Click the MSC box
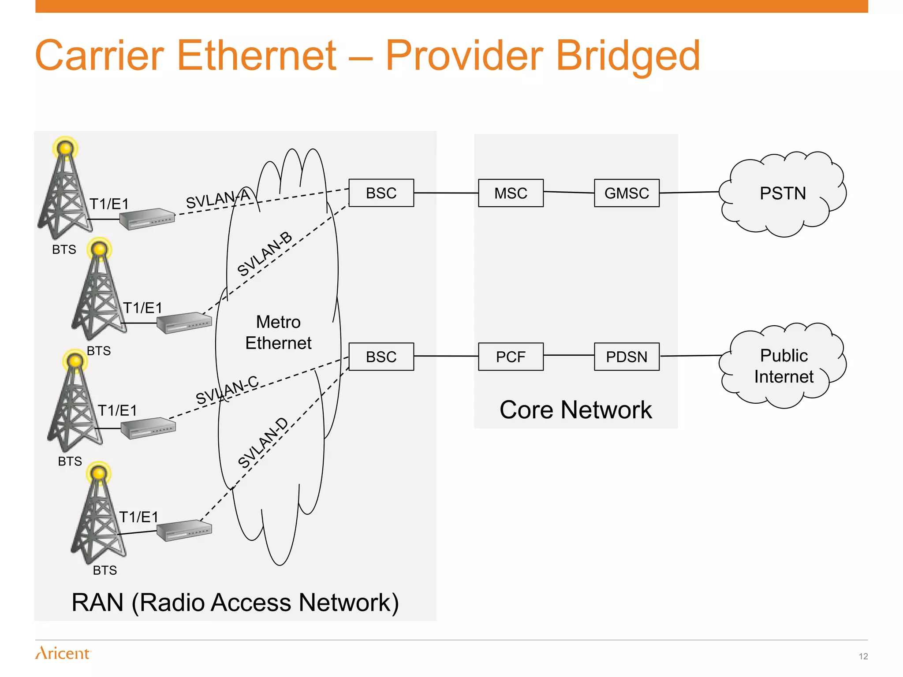pyautogui.click(x=511, y=193)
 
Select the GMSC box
pyautogui.click(x=627, y=193)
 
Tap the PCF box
pyautogui.click(x=511, y=357)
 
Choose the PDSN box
pyautogui.click(x=627, y=357)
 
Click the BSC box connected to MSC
pyautogui.click(x=381, y=193)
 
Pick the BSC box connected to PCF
pyautogui.click(x=381, y=357)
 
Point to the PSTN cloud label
pyautogui.click(x=783, y=193)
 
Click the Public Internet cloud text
pyautogui.click(x=784, y=366)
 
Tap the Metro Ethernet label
pyautogui.click(x=278, y=332)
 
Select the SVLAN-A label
pyautogui.click(x=218, y=199)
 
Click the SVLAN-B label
pyautogui.click(x=265, y=254)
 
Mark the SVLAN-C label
pyautogui.click(x=227, y=390)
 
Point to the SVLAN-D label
pyautogui.click(x=263, y=443)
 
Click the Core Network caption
pyautogui.click(x=575, y=410)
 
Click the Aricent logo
pyautogui.click(x=63, y=653)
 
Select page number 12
pyautogui.click(x=863, y=656)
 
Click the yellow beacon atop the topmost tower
pyautogui.click(x=65, y=148)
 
